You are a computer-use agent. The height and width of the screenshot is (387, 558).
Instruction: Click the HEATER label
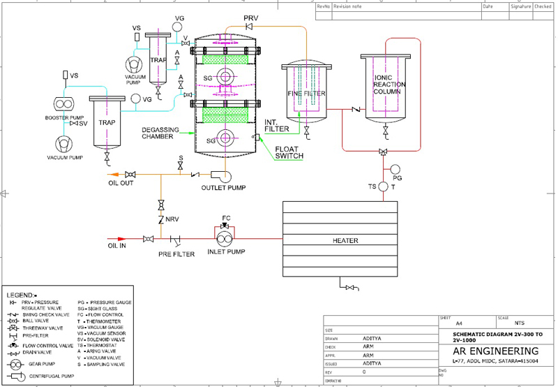coord(345,241)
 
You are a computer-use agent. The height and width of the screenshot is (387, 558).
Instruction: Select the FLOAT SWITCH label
coord(289,152)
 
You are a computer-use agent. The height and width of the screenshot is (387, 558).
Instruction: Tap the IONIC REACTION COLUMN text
coord(390,85)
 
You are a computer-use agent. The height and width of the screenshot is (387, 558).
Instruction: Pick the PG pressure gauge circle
coord(395,168)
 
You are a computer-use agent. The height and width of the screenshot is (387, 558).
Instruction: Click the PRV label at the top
coord(250,16)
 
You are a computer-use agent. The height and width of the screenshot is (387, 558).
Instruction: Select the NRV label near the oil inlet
coord(172,220)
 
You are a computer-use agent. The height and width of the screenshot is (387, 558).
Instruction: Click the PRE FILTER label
coord(176,254)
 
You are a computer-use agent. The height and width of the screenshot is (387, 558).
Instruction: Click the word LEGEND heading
coord(21,296)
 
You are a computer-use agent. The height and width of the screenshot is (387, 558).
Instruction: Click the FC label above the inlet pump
coord(225,218)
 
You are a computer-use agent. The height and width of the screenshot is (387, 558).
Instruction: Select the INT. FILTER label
coord(276,125)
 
